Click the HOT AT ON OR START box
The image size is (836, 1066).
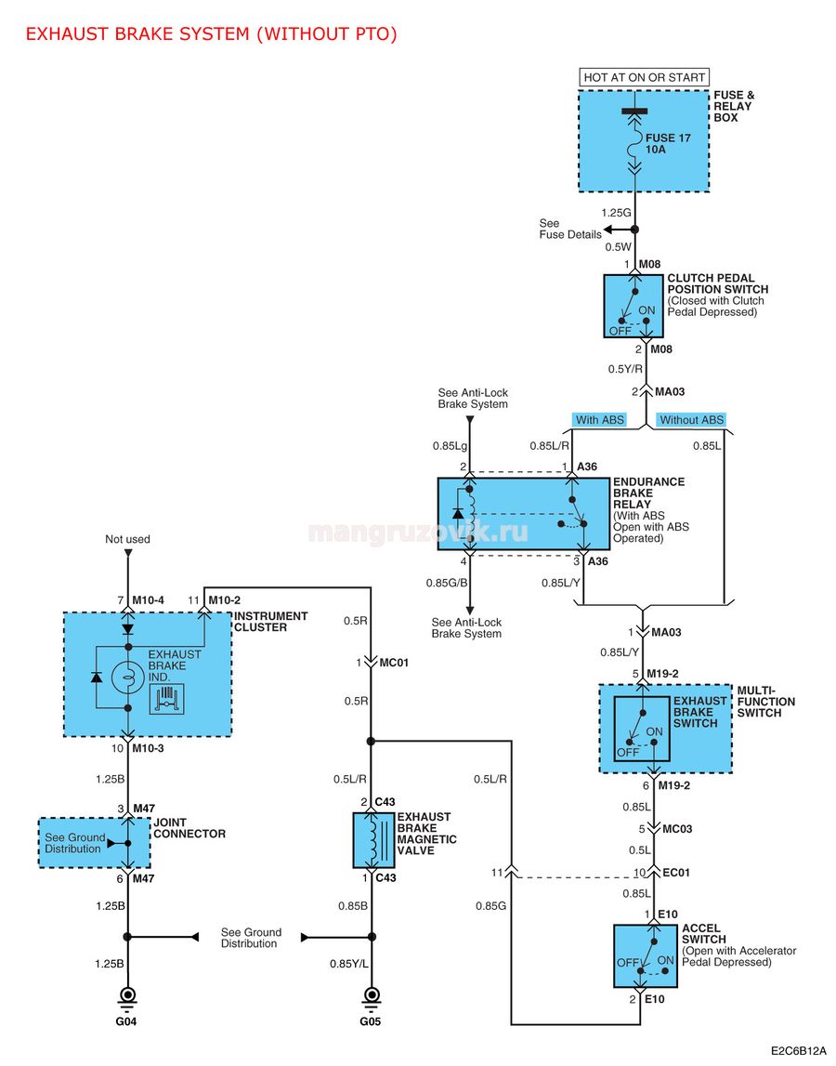pos(644,77)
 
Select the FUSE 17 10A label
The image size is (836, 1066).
pos(668,143)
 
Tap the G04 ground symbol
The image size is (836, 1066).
pos(127,996)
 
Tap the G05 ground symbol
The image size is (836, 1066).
pos(372,996)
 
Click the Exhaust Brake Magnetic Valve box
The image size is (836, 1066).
pos(373,840)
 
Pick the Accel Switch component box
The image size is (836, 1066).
pos(645,955)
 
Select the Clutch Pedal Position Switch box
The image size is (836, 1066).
pos(634,306)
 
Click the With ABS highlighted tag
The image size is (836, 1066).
pos(599,420)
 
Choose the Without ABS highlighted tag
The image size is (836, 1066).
pos(691,420)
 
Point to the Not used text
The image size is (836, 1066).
pos(127,539)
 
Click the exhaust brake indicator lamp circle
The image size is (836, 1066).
pos(128,678)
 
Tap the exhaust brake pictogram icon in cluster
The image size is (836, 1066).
pos(167,699)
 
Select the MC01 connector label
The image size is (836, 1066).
pos(394,663)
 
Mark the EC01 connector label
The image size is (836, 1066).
pos(676,873)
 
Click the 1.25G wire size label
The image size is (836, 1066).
pos(617,213)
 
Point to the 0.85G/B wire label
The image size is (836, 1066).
pos(447,583)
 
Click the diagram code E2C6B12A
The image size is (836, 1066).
pos(799,1050)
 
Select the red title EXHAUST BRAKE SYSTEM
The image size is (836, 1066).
pos(138,34)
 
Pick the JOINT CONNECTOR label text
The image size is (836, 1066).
pos(189,828)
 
